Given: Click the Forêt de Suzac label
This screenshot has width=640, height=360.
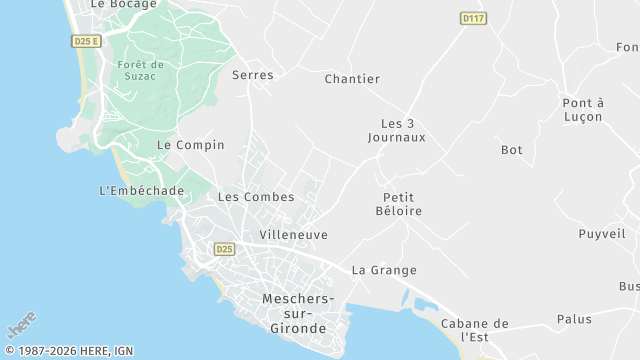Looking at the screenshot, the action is (140, 71).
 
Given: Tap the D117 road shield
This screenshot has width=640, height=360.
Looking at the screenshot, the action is (473, 18).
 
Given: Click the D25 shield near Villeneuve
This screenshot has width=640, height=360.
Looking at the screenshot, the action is (224, 248).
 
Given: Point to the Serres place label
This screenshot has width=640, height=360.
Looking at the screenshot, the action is (252, 75).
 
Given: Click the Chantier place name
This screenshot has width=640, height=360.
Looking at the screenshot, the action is (353, 79).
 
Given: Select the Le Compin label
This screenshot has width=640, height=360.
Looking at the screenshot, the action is (191, 145).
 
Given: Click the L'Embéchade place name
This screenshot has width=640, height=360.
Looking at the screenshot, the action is (142, 191).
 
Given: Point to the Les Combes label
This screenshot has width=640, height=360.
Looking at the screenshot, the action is (256, 197).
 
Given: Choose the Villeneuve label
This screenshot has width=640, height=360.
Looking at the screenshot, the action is (293, 235).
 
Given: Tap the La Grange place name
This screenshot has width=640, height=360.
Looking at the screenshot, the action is (384, 270).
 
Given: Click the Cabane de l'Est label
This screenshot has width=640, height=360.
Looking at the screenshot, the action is (475, 330).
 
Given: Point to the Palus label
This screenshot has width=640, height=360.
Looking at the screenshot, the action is (574, 320).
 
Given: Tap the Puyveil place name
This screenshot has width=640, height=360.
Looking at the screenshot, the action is (602, 234).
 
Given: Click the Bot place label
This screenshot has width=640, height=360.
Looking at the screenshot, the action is (512, 150).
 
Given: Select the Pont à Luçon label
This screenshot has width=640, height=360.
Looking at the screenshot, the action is (583, 110).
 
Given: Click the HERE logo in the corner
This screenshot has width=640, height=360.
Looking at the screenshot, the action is (21, 326).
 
